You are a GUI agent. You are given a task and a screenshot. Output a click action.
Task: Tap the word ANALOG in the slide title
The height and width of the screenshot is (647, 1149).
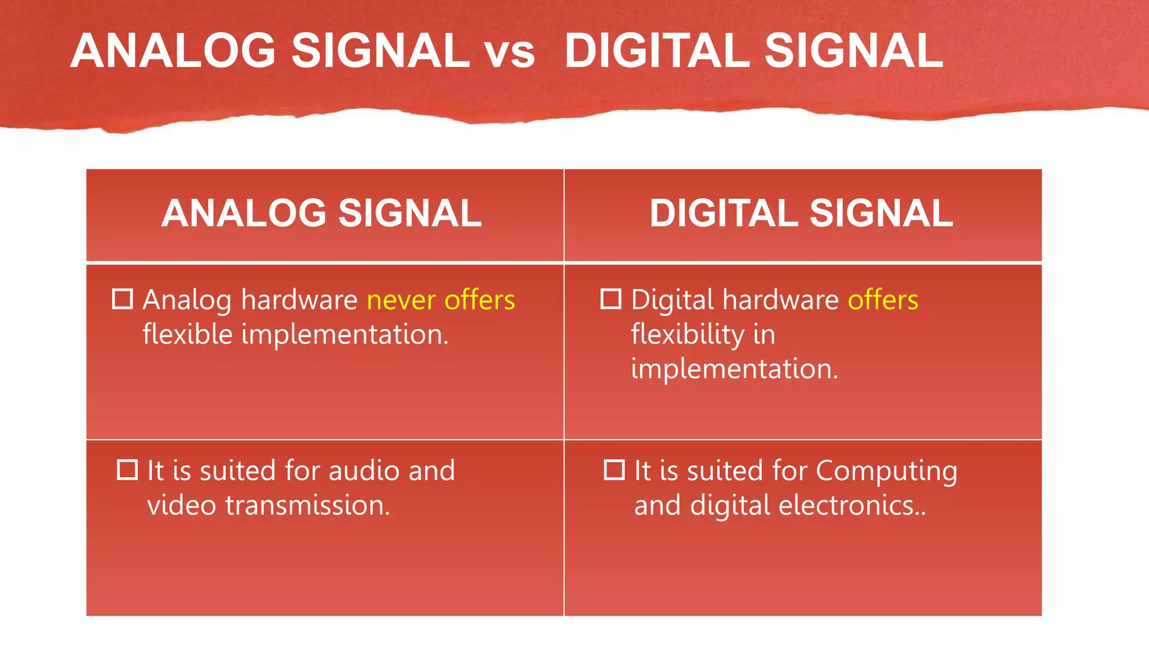click(x=173, y=51)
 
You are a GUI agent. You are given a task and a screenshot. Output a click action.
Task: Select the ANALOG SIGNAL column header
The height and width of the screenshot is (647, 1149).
click(x=321, y=213)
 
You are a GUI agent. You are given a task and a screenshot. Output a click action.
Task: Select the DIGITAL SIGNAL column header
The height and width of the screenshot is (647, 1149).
click(x=801, y=213)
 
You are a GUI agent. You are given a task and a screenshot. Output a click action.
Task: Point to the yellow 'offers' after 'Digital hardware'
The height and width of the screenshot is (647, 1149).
click(x=883, y=300)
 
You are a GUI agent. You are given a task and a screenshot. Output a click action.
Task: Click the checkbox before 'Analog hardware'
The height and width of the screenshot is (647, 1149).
click(x=123, y=299)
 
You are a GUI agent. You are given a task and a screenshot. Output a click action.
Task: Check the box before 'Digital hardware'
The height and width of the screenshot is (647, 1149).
click(x=611, y=299)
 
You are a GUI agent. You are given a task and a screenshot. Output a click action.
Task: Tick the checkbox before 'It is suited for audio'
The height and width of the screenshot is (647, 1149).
click(x=127, y=470)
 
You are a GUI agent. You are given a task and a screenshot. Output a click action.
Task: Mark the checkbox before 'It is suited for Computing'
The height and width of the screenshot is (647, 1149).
click(x=614, y=470)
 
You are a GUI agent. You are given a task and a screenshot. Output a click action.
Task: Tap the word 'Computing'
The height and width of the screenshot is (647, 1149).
click(x=886, y=472)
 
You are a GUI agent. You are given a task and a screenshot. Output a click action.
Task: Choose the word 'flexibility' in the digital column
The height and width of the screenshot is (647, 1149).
click(x=687, y=335)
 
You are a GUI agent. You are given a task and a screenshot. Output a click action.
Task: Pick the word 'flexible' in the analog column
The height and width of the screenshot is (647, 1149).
click(x=187, y=335)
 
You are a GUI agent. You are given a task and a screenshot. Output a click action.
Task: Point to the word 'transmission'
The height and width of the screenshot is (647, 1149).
click(x=307, y=505)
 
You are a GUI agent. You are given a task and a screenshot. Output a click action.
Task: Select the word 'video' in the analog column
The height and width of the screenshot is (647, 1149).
click(x=181, y=505)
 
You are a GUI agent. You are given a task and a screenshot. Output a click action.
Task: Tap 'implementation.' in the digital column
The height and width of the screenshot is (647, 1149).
click(x=734, y=370)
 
